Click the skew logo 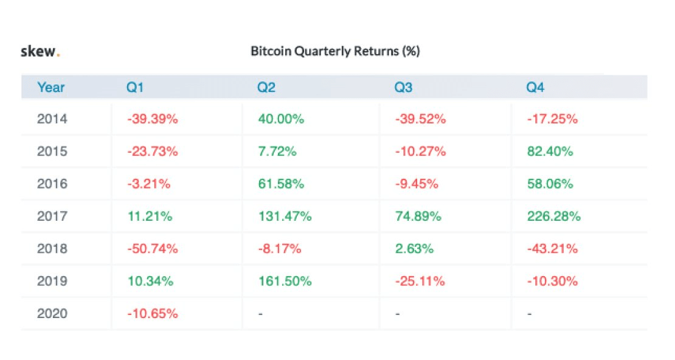[x=40, y=52]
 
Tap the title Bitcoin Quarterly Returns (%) [x=335, y=52]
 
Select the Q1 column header [x=135, y=88]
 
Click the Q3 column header [x=403, y=88]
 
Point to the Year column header [x=51, y=88]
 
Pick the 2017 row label [x=52, y=216]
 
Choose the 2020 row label [x=52, y=314]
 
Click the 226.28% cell [x=553, y=216]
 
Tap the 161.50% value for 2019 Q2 [x=285, y=282]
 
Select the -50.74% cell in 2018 [x=153, y=249]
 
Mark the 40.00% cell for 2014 [x=280, y=119]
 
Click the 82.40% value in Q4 [x=550, y=151]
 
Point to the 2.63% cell [x=414, y=249]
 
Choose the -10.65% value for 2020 [x=153, y=314]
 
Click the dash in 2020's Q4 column [x=529, y=314]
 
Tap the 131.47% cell [x=285, y=216]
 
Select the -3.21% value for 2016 [x=149, y=184]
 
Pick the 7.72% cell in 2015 [x=277, y=151]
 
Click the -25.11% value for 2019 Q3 [x=420, y=282]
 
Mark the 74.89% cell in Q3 [x=418, y=216]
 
